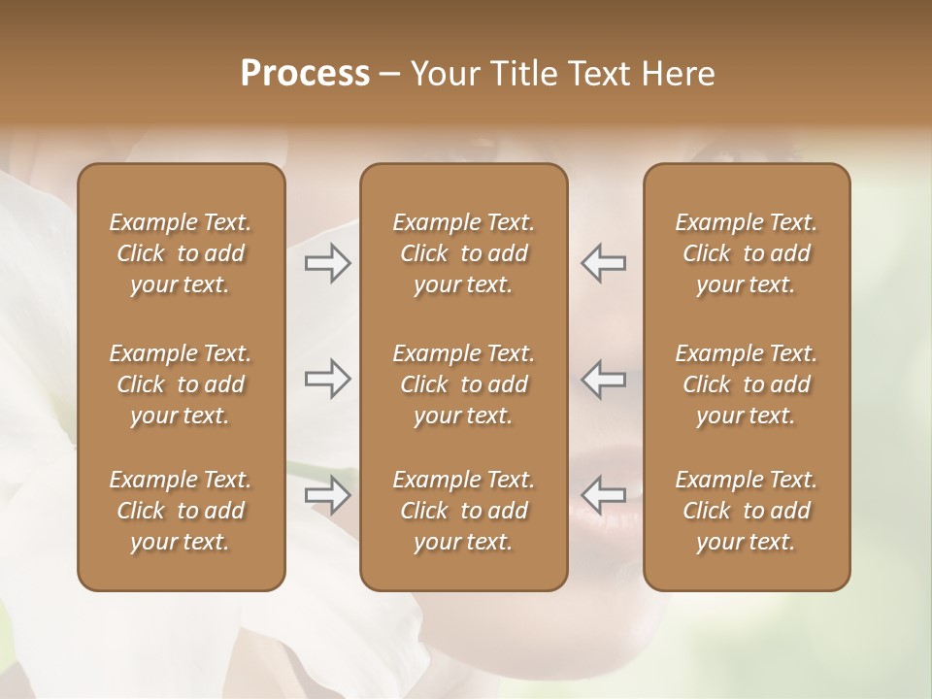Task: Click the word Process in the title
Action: tap(305, 74)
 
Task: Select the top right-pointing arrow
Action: tap(328, 263)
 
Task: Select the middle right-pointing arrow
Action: tap(328, 379)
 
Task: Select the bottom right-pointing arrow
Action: tap(328, 495)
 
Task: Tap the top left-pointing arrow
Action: tap(603, 263)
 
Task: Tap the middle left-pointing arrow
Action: tap(603, 379)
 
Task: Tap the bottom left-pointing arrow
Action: tap(603, 495)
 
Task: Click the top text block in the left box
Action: tap(181, 253)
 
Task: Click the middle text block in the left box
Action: tap(181, 384)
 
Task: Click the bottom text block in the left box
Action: tap(181, 511)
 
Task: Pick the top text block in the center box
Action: tap(464, 253)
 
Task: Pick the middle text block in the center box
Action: tap(464, 384)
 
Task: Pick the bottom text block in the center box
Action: tap(464, 511)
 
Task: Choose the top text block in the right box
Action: tap(747, 253)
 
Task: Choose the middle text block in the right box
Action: tap(747, 384)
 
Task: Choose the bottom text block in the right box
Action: tap(747, 511)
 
